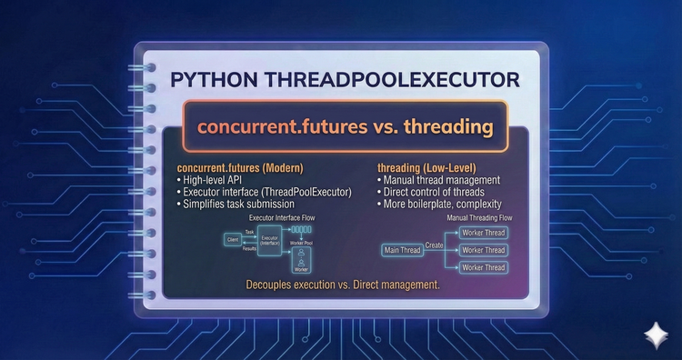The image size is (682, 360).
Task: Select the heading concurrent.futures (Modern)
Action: point(239,168)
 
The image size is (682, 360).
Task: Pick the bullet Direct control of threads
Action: point(430,192)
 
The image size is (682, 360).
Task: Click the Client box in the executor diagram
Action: point(232,240)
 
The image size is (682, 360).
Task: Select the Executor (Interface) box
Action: point(268,242)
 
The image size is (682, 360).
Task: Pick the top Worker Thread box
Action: point(483,233)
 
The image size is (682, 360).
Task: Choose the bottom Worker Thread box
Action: point(483,266)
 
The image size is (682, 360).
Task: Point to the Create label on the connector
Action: point(434,245)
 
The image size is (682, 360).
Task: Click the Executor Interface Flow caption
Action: point(278,219)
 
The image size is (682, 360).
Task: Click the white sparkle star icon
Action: point(654,335)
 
